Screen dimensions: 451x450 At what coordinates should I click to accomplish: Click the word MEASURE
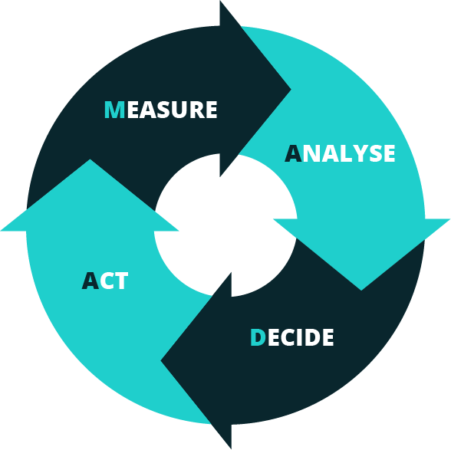tap(161, 110)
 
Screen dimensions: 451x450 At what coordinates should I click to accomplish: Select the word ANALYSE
tap(340, 153)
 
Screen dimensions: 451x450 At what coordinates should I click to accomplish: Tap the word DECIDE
tap(292, 337)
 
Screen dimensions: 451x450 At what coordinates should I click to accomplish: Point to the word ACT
tap(104, 281)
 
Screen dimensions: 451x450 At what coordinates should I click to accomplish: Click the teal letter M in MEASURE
tap(114, 110)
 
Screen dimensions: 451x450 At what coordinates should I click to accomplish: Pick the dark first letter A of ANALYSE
tap(293, 153)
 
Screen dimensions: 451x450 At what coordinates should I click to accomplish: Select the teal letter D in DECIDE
tap(258, 337)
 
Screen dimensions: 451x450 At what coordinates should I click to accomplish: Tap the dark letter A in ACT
tap(91, 281)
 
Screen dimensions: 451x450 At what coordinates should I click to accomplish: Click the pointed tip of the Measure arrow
tap(291, 90)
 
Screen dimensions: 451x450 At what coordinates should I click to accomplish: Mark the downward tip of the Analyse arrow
tap(361, 290)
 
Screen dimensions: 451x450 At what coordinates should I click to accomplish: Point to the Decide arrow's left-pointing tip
tap(160, 360)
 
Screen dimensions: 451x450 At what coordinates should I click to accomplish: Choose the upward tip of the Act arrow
tap(90, 159)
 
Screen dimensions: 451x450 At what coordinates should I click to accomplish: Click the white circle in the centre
tap(225, 225)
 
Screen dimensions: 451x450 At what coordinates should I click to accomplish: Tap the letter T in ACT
tap(121, 281)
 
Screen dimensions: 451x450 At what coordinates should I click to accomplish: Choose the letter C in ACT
tap(107, 281)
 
